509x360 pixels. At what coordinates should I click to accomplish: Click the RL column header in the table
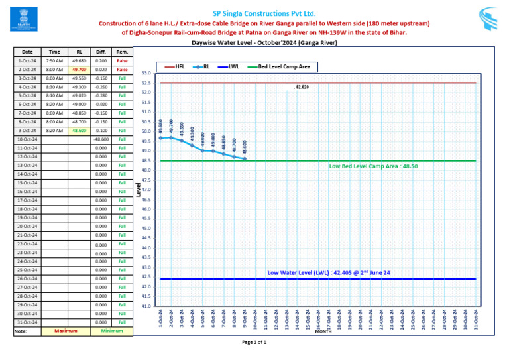tap(79, 52)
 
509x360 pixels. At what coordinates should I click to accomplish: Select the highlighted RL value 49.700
tap(79, 69)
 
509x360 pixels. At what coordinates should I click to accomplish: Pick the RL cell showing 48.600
tap(79, 131)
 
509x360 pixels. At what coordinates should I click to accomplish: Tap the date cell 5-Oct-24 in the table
tap(27, 95)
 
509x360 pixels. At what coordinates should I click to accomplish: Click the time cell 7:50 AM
tap(54, 60)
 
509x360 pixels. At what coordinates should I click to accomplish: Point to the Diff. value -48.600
tap(101, 139)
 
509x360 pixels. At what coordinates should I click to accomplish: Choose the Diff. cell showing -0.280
tap(101, 95)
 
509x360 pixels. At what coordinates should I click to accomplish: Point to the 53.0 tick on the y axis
tap(147, 73)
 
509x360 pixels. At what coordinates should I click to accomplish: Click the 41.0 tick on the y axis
tap(147, 306)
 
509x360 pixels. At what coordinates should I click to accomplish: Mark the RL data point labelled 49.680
tap(160, 138)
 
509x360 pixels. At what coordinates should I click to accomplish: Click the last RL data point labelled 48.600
tap(245, 158)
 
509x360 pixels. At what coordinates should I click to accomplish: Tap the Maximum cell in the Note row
tap(66, 330)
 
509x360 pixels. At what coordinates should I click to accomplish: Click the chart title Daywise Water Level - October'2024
tap(264, 43)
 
